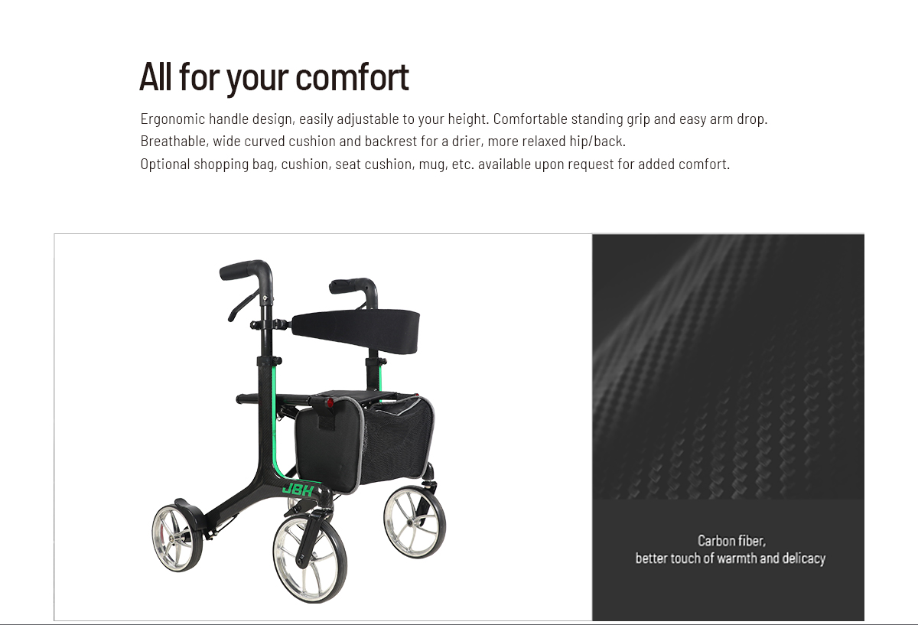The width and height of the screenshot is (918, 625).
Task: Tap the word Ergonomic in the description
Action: [173, 119]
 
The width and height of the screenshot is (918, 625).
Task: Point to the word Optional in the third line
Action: [165, 164]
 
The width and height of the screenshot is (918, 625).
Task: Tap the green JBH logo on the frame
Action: [298, 490]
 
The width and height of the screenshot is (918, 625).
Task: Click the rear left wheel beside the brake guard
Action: [177, 538]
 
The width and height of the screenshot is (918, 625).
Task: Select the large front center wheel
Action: [310, 558]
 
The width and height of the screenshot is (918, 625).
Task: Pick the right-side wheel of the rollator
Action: [415, 522]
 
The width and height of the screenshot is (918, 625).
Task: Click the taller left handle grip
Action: [243, 269]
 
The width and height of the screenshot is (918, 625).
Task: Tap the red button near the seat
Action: [330, 403]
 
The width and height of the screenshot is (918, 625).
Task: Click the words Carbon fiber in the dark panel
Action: [731, 541]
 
